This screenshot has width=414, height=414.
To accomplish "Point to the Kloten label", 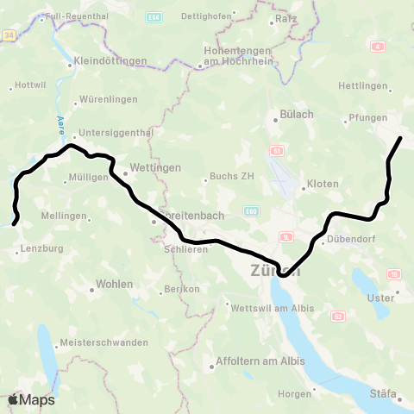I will click(323, 184).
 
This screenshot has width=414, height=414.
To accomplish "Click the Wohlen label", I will click(114, 284).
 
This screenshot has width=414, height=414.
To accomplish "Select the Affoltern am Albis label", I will click(259, 361).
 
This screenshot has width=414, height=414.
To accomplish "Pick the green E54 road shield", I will click(154, 16).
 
